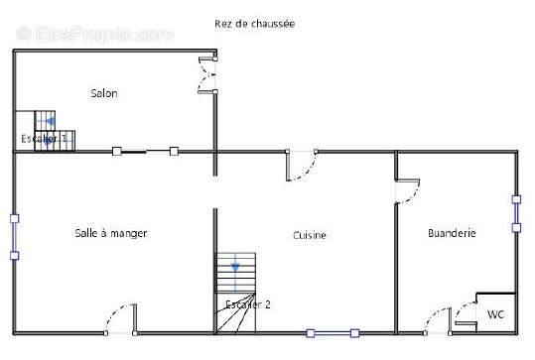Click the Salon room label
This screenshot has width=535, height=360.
pos(104,93)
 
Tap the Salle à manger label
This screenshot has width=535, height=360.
pos(111,233)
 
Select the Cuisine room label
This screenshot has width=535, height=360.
pos(310,235)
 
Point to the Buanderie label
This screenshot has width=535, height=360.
pos(452,233)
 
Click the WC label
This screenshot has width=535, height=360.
pos(494,314)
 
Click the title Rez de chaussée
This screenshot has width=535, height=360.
pos(254,23)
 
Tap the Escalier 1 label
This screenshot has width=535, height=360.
pos(45,139)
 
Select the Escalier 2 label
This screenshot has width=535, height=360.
pos(247,304)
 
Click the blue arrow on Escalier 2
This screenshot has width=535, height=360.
pos(235,266)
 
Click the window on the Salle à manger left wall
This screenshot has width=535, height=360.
pos(14,236)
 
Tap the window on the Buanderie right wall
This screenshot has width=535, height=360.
pos(516,213)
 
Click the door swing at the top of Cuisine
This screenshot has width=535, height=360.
pos(301,166)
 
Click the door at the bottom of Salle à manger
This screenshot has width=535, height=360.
pos(121,317)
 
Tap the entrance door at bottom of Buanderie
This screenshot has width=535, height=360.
pos(437,319)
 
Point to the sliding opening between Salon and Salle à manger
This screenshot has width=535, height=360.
pos(145,151)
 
